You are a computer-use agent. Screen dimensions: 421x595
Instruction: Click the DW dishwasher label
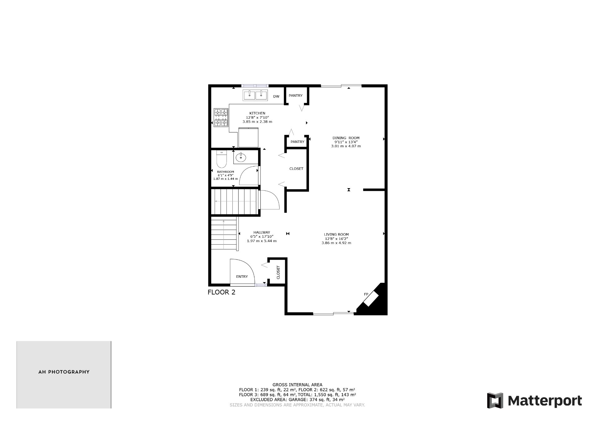point(276,96)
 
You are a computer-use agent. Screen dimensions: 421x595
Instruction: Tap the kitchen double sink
point(255,95)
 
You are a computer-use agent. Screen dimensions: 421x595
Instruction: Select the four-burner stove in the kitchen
point(221,117)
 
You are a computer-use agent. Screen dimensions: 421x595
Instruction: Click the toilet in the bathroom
point(221,159)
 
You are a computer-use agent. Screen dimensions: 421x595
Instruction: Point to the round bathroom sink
point(241,158)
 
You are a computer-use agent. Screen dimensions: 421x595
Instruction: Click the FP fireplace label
point(366,294)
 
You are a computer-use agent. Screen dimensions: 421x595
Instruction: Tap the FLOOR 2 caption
point(221,292)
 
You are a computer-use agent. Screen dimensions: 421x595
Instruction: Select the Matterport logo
point(534,401)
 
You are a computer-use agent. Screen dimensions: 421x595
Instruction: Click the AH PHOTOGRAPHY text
point(64,372)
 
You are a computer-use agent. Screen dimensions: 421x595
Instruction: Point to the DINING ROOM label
point(346,138)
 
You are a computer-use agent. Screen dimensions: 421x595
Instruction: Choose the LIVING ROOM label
point(336,234)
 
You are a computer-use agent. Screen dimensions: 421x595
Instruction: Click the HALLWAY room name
point(262,232)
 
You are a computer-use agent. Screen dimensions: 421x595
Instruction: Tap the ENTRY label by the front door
point(242,277)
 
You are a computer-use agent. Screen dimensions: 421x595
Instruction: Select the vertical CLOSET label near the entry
point(278,272)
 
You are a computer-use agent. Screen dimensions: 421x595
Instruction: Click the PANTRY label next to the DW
point(295,95)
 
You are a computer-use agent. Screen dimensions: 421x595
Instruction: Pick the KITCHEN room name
point(257,113)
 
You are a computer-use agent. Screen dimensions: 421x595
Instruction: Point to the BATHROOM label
point(225,172)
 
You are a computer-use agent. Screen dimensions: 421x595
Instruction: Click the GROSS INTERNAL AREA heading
point(297,385)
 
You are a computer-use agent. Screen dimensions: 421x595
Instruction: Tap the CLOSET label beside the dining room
point(296,169)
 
